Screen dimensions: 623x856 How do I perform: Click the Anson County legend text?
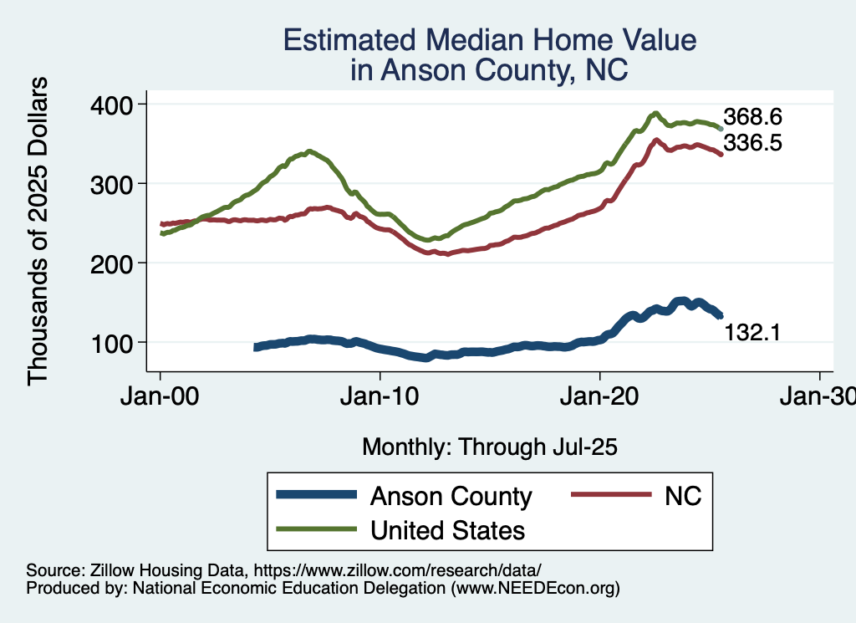coord(451,497)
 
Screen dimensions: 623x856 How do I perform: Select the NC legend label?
coord(682,497)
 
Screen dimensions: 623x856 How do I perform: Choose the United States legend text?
coord(447,529)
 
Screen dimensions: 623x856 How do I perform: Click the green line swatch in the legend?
coord(317,529)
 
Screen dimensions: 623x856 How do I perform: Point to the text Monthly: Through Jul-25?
coord(489,447)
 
